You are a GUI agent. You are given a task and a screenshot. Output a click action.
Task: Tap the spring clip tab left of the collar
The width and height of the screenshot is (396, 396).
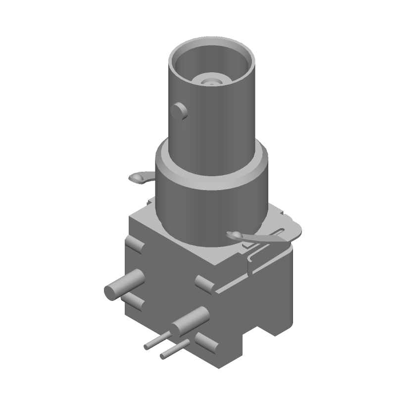pos(139,177)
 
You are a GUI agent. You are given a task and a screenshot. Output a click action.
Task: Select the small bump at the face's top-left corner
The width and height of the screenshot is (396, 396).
pos(134,245)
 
